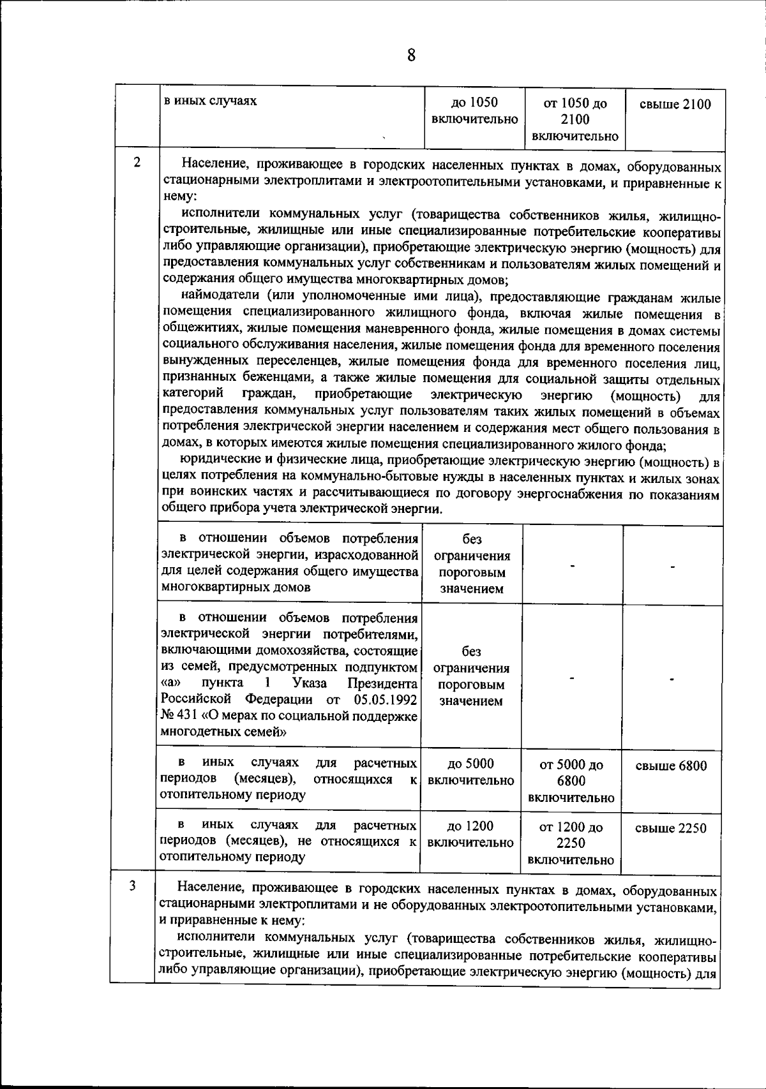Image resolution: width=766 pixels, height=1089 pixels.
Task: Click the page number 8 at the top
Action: point(410,56)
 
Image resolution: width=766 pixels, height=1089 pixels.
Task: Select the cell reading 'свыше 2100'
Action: point(675,105)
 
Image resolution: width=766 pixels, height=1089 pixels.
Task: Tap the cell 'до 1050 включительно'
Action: point(474,111)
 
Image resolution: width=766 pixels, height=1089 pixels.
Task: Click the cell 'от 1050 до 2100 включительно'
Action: point(574,120)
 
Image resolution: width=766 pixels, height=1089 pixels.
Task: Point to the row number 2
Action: point(137,162)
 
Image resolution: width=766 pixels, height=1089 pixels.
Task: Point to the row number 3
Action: point(132,886)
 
